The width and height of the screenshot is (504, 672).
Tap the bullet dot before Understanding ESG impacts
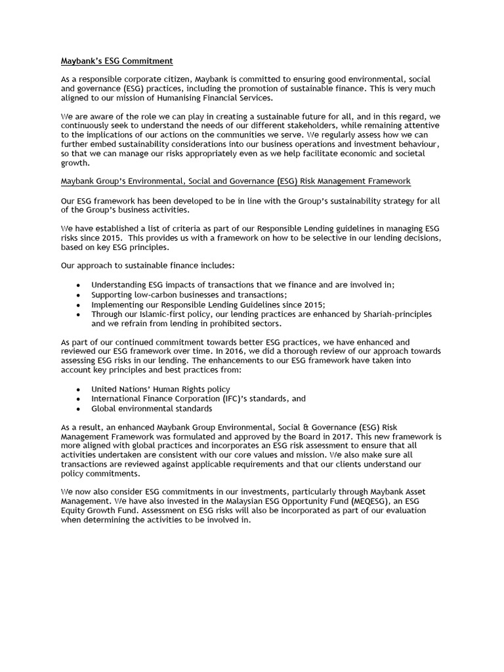79,285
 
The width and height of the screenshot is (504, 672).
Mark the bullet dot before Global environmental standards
79,408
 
